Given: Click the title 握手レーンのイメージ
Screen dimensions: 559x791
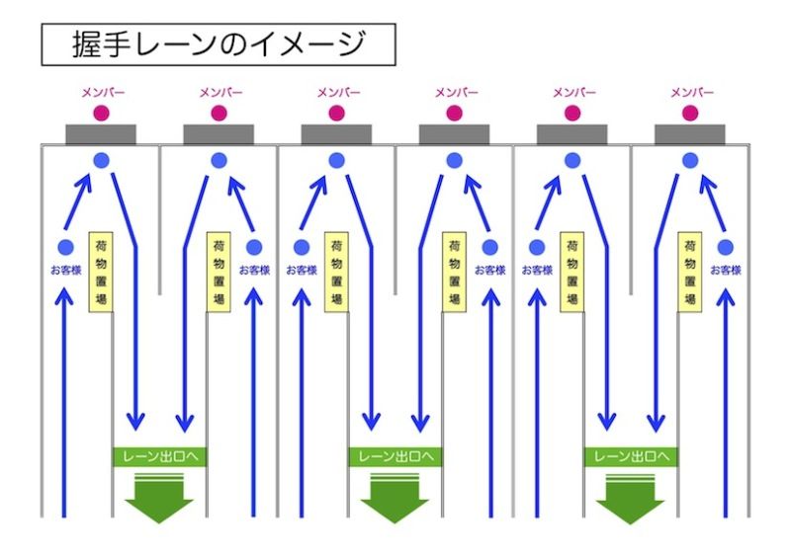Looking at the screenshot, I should click(x=218, y=44).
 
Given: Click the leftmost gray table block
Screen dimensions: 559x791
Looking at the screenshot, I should click(x=101, y=134).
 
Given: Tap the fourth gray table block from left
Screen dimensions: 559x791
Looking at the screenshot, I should click(x=455, y=134).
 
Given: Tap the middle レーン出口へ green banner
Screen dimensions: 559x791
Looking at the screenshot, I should click(x=395, y=456).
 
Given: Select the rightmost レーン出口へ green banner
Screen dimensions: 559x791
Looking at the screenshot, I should click(x=631, y=456).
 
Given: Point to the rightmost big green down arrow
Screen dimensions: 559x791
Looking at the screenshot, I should click(x=631, y=499).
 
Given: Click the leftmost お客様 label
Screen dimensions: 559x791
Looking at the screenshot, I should click(x=66, y=270).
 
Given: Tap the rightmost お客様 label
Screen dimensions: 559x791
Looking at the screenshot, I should click(x=726, y=270).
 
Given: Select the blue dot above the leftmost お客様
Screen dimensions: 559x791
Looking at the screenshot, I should click(x=66, y=247).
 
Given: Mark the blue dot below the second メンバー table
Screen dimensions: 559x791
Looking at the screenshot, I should click(x=219, y=160).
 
